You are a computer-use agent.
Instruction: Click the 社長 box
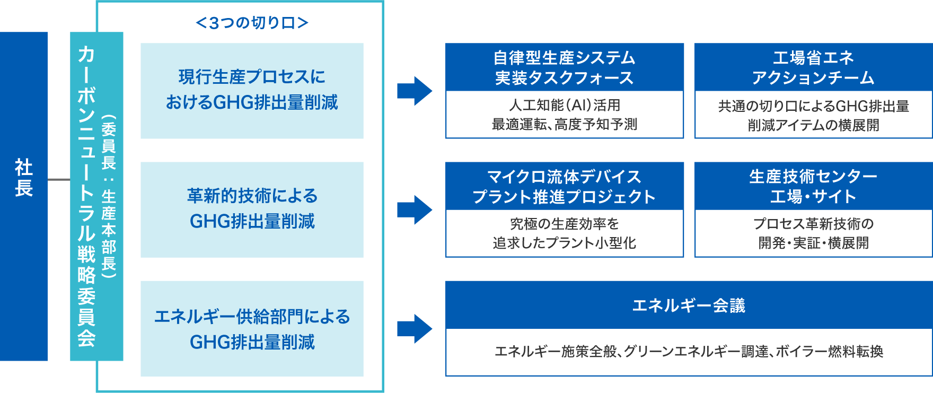24,196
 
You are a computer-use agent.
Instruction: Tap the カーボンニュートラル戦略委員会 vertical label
86,196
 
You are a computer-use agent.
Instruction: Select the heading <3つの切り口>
252,23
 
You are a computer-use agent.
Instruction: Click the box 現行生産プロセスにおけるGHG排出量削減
252,90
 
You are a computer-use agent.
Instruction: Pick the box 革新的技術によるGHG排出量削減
252,209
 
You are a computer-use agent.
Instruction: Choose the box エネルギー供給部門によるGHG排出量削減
252,328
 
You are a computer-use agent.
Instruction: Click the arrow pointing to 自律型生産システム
415,91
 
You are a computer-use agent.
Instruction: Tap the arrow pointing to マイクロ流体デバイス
415,209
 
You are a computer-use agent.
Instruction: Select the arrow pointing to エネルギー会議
415,329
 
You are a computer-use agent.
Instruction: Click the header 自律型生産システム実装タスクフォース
565,67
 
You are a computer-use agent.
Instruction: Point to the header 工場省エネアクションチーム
813,67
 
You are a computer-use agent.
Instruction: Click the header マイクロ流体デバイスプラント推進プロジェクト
565,186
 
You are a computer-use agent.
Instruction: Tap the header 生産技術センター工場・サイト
813,186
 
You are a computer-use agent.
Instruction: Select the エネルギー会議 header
689,305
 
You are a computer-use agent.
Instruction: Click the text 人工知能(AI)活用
565,105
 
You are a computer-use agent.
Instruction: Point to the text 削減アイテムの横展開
813,125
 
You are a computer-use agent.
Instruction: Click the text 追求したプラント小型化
565,243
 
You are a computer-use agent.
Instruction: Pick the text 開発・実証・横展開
813,243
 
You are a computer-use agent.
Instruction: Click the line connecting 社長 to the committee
59,180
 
